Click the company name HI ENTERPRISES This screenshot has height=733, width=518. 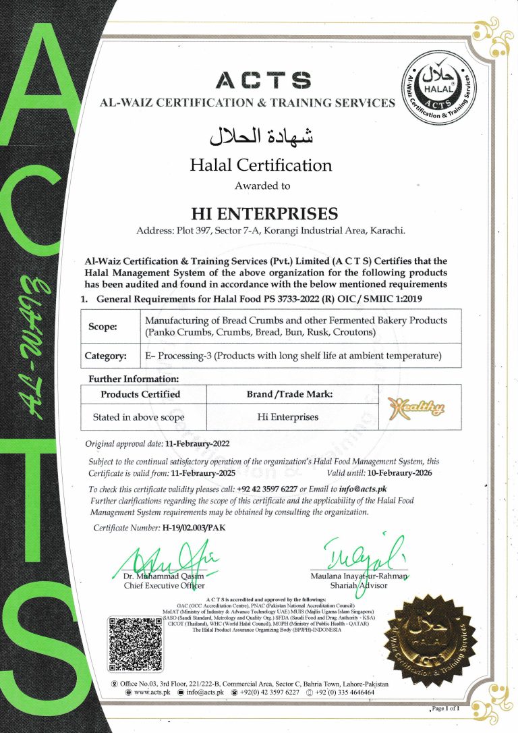(x=264, y=214)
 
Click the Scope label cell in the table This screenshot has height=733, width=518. (x=103, y=327)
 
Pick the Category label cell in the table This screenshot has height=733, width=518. (x=105, y=356)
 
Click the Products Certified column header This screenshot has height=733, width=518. (x=140, y=393)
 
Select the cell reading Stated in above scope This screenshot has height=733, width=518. (x=138, y=417)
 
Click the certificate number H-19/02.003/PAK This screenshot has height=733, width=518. (x=194, y=528)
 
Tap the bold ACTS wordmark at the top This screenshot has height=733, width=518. (x=263, y=81)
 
